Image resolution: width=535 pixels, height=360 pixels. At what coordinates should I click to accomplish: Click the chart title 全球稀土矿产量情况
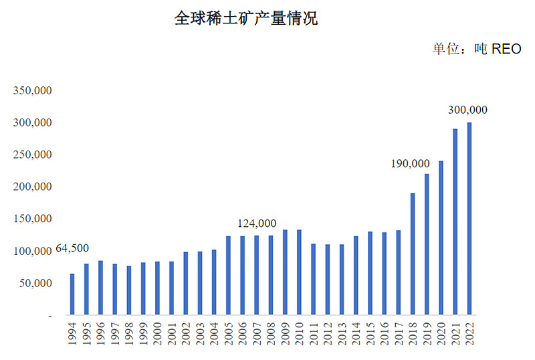pyautogui.click(x=245, y=18)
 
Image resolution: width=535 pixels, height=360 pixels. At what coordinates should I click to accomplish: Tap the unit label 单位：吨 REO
pyautogui.click(x=477, y=49)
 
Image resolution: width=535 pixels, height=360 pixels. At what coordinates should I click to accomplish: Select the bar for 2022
pyautogui.click(x=469, y=218)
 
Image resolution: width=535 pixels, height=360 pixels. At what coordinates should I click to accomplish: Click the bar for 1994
pyautogui.click(x=72, y=294)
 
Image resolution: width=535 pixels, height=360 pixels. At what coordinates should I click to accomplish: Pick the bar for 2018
pyautogui.click(x=413, y=254)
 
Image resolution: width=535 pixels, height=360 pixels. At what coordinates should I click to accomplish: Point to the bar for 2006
pyautogui.click(x=242, y=275)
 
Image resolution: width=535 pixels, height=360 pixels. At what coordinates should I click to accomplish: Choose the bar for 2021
pyautogui.click(x=455, y=221)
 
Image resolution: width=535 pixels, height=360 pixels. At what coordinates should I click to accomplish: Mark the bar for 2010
pyautogui.click(x=299, y=272)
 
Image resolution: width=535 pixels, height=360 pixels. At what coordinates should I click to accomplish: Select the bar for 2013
pyautogui.click(x=342, y=279)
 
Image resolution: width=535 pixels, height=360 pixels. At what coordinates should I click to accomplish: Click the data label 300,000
pyautogui.click(x=467, y=110)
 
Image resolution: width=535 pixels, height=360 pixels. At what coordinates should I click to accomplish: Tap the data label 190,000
pyautogui.click(x=409, y=164)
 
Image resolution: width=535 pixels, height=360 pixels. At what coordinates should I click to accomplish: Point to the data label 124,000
pyautogui.click(x=257, y=223)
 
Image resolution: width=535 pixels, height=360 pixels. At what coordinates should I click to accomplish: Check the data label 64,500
pyautogui.click(x=72, y=248)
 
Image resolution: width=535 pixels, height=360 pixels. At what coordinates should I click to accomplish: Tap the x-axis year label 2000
pyautogui.click(x=157, y=333)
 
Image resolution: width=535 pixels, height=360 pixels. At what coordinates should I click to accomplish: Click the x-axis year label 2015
pyautogui.click(x=370, y=333)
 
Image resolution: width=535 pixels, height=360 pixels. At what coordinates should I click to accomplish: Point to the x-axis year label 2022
pyautogui.click(x=469, y=333)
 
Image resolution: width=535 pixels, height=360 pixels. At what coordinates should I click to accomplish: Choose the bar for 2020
pyautogui.click(x=441, y=238)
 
